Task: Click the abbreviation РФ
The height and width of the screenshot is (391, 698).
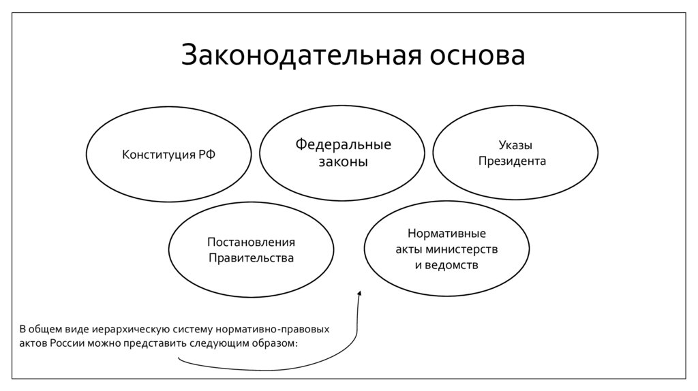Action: coord(207,154)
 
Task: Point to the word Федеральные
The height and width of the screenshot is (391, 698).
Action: coord(343,144)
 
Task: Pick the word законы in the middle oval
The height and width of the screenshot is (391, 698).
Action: coord(343,162)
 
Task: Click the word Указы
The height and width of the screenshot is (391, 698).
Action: coord(515,145)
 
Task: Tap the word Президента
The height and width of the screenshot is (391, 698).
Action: coord(515,161)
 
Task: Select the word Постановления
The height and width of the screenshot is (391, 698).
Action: coord(251,242)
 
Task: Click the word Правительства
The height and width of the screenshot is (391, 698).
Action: coord(251,258)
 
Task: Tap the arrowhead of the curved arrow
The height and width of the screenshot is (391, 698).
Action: coord(359,294)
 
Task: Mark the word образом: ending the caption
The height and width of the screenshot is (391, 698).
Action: coord(277,343)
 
